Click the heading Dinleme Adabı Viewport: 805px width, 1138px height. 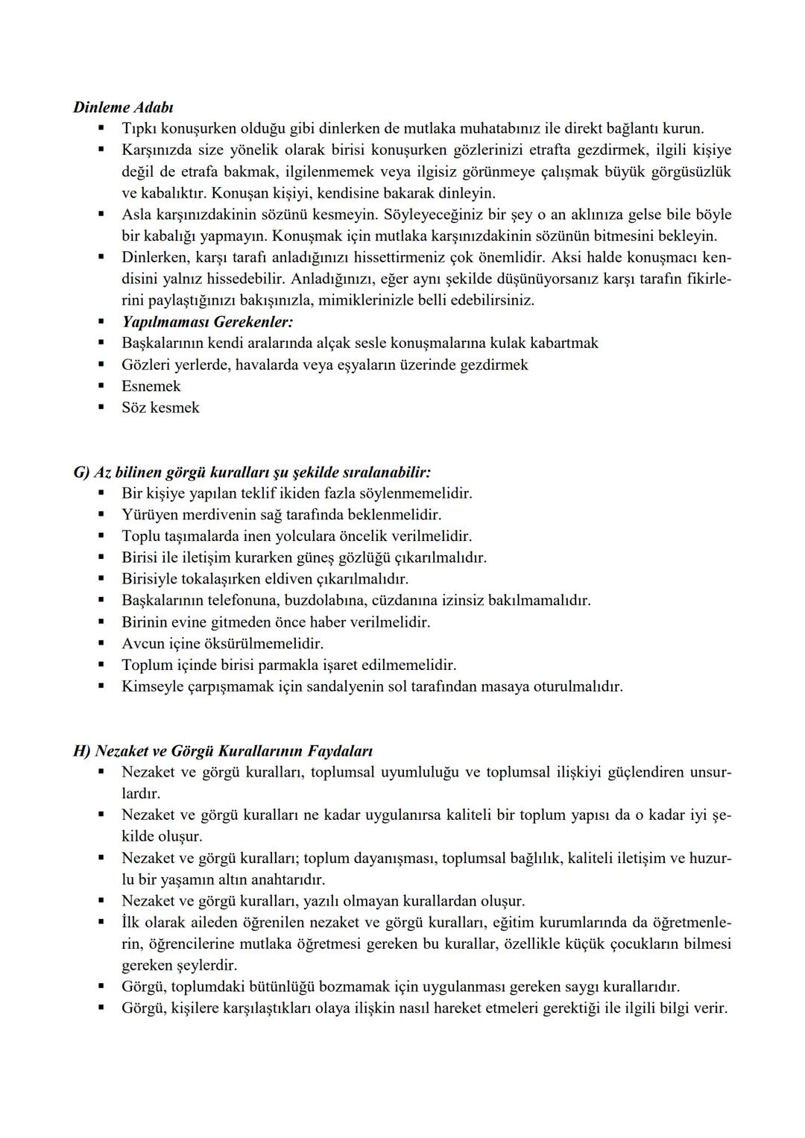coord(124,107)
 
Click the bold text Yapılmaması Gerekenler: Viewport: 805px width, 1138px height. coord(208,322)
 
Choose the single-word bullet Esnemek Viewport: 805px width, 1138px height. coord(151,386)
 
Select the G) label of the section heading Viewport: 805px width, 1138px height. coord(81,472)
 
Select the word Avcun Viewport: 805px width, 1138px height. coord(143,643)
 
